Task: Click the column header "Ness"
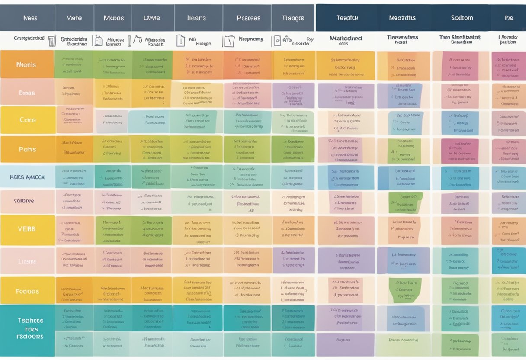[30, 18]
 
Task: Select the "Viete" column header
[74, 18]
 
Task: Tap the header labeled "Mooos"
[114, 18]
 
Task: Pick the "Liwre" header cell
[151, 18]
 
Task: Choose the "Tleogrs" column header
[293, 18]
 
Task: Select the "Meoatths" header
[402, 18]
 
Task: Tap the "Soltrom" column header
[462, 18]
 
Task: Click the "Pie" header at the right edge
[509, 18]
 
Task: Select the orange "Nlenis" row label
[26, 65]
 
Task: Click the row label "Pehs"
[27, 149]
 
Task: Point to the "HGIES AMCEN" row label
[27, 177]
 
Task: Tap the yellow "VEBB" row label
[27, 229]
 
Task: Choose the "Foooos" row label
[27, 292]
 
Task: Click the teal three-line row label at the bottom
[30, 328]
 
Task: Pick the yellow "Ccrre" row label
[27, 120]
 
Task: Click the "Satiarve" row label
[27, 201]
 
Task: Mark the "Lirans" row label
[27, 262]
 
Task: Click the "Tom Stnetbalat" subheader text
[461, 37]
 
